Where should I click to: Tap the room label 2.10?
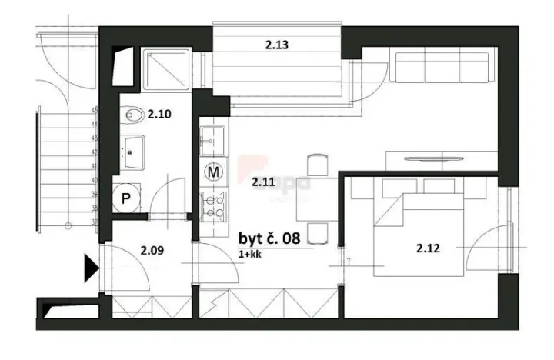(x=159, y=114)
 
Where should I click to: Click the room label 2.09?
(x=152, y=249)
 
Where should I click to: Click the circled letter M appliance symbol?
(x=213, y=172)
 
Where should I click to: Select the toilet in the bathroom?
(x=134, y=115)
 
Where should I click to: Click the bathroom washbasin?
(x=131, y=150)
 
